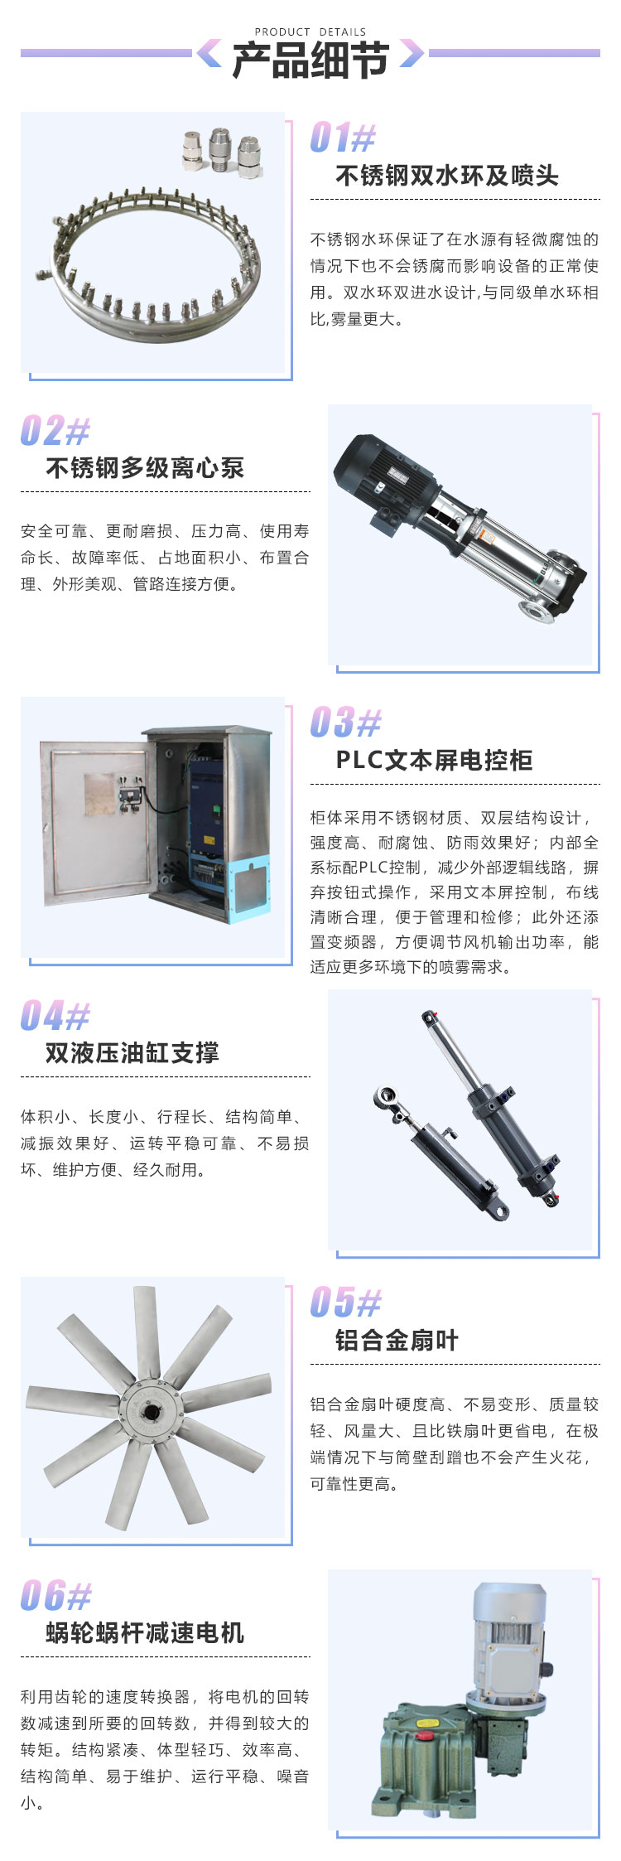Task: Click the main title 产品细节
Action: [310, 60]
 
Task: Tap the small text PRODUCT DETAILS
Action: [310, 31]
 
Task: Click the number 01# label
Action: [343, 138]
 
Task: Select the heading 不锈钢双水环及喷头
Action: [447, 176]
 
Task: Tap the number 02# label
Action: [55, 431]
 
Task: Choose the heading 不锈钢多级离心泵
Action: [145, 468]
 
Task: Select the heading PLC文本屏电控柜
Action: [434, 760]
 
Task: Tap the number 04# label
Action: [55, 1016]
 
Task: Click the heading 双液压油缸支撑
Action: [132, 1053]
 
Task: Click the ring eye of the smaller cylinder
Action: [387, 1099]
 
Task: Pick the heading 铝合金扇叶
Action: [397, 1340]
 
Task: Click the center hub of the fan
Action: [151, 1408]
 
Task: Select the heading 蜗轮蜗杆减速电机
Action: [145, 1633]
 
